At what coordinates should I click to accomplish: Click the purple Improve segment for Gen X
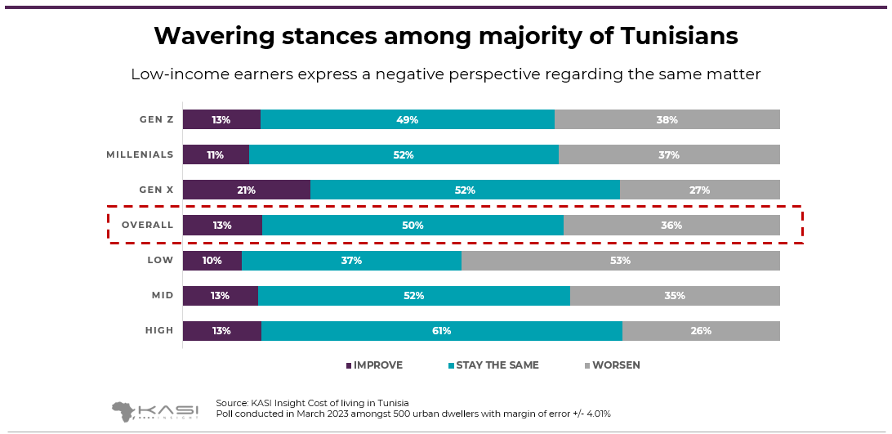(x=246, y=190)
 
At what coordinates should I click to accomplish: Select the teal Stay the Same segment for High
(x=441, y=331)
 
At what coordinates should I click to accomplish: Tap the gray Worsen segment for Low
(x=620, y=261)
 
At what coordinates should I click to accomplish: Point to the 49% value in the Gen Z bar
(x=407, y=119)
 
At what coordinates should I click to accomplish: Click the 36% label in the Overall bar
(x=671, y=226)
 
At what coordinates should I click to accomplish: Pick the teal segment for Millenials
(x=404, y=154)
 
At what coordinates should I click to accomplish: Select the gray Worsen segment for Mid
(x=675, y=296)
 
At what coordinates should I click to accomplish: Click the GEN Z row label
(x=157, y=119)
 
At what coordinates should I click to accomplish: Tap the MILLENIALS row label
(x=140, y=154)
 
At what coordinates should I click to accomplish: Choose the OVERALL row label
(x=147, y=226)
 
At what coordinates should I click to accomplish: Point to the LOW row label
(x=160, y=260)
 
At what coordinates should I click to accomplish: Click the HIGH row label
(x=159, y=330)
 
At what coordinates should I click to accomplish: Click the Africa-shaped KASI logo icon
(x=124, y=410)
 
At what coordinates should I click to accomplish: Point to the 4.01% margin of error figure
(x=593, y=414)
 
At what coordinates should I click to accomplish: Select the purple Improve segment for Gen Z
(x=221, y=119)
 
